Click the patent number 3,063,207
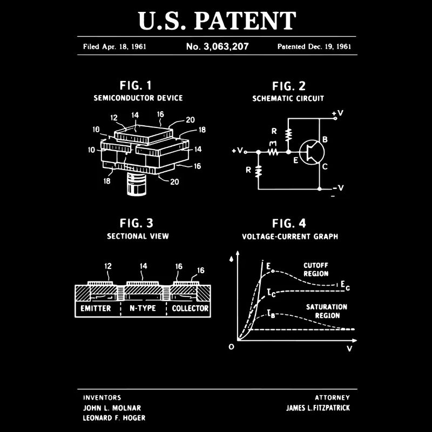(x=217, y=46)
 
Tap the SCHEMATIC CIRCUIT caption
(x=288, y=98)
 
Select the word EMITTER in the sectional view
(x=96, y=308)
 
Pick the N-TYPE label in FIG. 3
(x=143, y=308)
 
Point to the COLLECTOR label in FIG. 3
(x=190, y=308)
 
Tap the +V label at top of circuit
(x=337, y=114)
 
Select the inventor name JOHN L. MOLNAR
(x=112, y=408)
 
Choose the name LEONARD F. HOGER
(x=114, y=418)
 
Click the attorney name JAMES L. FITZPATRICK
(x=318, y=408)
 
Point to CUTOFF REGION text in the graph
(x=316, y=269)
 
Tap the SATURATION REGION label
(x=327, y=311)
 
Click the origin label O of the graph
(x=231, y=347)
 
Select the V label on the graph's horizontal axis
(x=349, y=349)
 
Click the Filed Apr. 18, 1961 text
(x=114, y=46)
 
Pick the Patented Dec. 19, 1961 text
(x=314, y=46)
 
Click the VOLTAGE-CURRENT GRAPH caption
(x=290, y=237)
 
